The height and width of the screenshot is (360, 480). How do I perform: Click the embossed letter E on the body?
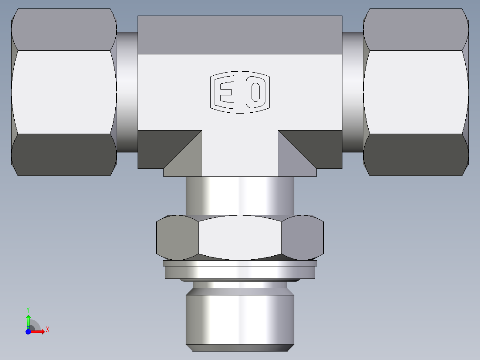pos(225,93)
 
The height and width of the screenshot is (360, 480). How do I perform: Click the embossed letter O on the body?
pos(256,93)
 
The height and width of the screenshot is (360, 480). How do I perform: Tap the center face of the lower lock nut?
pos(240,237)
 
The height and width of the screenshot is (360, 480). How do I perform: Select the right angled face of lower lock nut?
pos(303,237)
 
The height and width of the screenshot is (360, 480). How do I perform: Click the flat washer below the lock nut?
pos(240,271)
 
